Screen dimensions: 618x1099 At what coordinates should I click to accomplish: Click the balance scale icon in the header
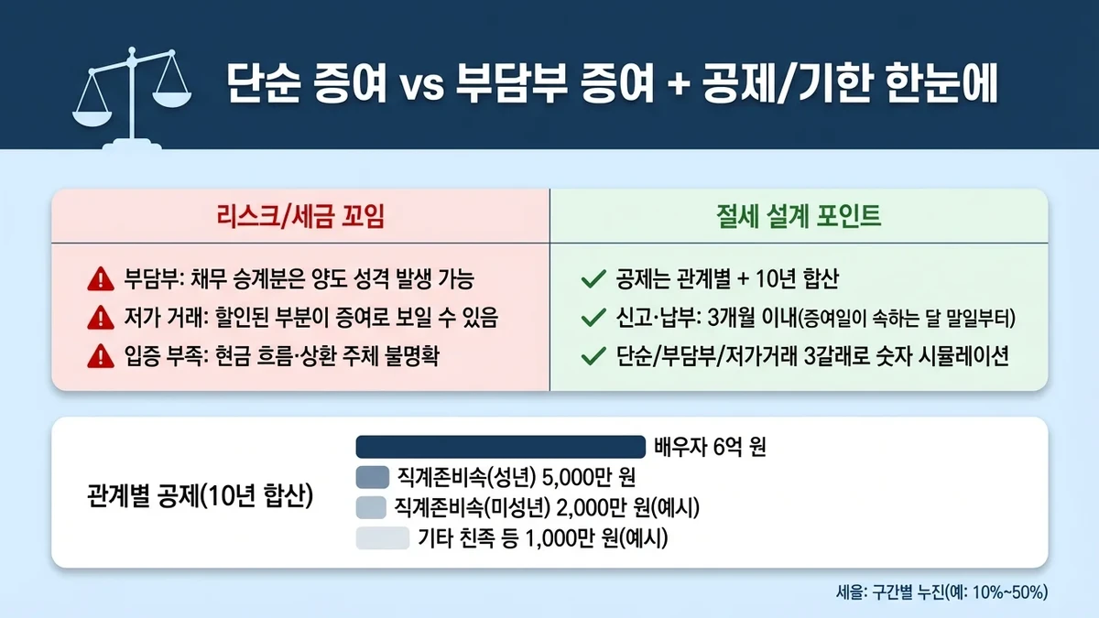point(128,97)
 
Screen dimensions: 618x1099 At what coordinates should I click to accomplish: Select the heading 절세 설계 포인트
point(799,216)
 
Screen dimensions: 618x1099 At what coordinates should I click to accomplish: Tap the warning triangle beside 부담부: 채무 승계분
point(98,279)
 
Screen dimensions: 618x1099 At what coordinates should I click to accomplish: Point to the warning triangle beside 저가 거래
point(98,319)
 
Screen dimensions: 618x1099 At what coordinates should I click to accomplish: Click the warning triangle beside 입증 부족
point(98,357)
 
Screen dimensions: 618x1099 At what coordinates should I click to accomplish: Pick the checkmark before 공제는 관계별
point(594,279)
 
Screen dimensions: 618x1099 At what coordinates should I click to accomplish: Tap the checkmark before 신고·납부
point(594,319)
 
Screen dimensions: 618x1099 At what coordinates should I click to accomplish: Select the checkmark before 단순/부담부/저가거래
point(594,357)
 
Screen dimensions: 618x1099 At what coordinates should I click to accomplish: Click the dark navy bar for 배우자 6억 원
point(500,446)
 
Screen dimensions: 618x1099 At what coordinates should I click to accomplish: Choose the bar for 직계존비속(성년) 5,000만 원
point(372,477)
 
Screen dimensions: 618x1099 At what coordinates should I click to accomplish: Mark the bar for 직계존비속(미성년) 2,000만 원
point(372,507)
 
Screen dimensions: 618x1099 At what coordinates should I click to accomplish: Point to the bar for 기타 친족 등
point(381,538)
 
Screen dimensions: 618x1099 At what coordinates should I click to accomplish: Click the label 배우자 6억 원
point(710,448)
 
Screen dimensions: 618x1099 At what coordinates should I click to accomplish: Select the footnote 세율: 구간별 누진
point(941,591)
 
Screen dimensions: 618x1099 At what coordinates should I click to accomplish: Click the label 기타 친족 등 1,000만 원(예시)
point(542,539)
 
